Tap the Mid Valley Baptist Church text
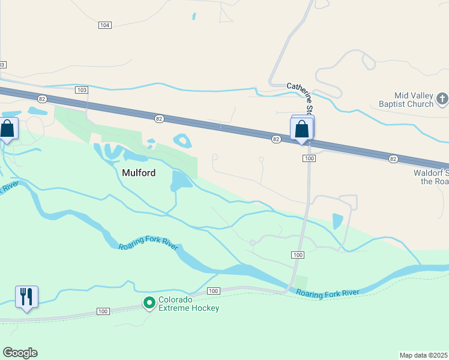414,100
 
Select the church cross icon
442,99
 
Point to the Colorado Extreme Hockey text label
188,304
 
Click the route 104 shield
105,25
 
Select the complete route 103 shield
82,89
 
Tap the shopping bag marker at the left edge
7,129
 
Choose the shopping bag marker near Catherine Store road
301,129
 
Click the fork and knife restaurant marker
26,296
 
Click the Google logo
20,353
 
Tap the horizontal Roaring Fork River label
328,292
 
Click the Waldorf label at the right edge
431,176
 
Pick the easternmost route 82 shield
393,158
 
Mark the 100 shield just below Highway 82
309,158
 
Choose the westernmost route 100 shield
103,311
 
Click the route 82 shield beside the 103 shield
41,98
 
